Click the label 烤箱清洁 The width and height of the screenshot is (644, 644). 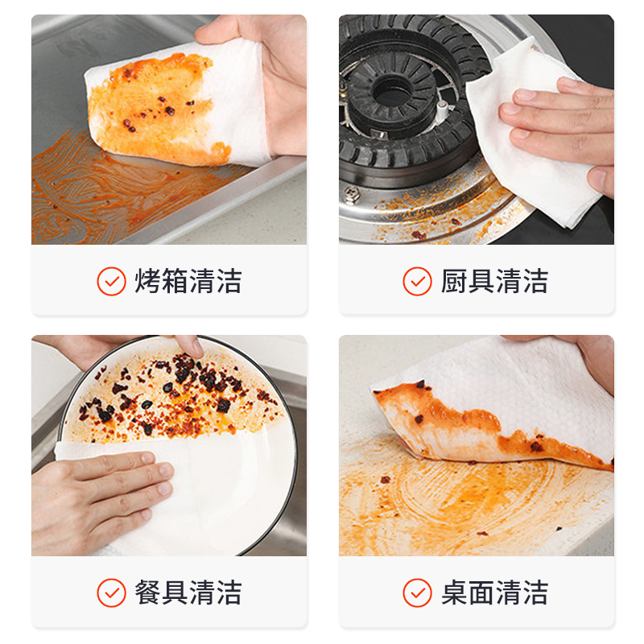[188, 281]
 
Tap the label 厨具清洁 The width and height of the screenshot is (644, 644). [494, 281]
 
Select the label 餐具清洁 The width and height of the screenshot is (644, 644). [188, 592]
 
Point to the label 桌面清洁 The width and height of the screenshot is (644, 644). [494, 592]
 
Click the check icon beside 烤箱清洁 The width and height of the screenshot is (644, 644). [111, 281]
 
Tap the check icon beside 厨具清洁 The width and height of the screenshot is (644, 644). [417, 281]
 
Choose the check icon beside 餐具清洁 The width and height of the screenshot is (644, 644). [111, 592]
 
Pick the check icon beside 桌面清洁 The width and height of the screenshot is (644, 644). [417, 592]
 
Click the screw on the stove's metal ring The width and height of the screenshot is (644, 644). [352, 194]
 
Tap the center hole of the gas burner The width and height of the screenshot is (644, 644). [391, 94]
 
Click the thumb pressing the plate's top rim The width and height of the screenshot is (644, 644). [190, 346]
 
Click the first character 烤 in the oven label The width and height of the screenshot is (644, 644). [148, 281]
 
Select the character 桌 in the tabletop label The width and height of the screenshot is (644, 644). [454, 592]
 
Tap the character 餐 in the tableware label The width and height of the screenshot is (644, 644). [148, 592]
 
